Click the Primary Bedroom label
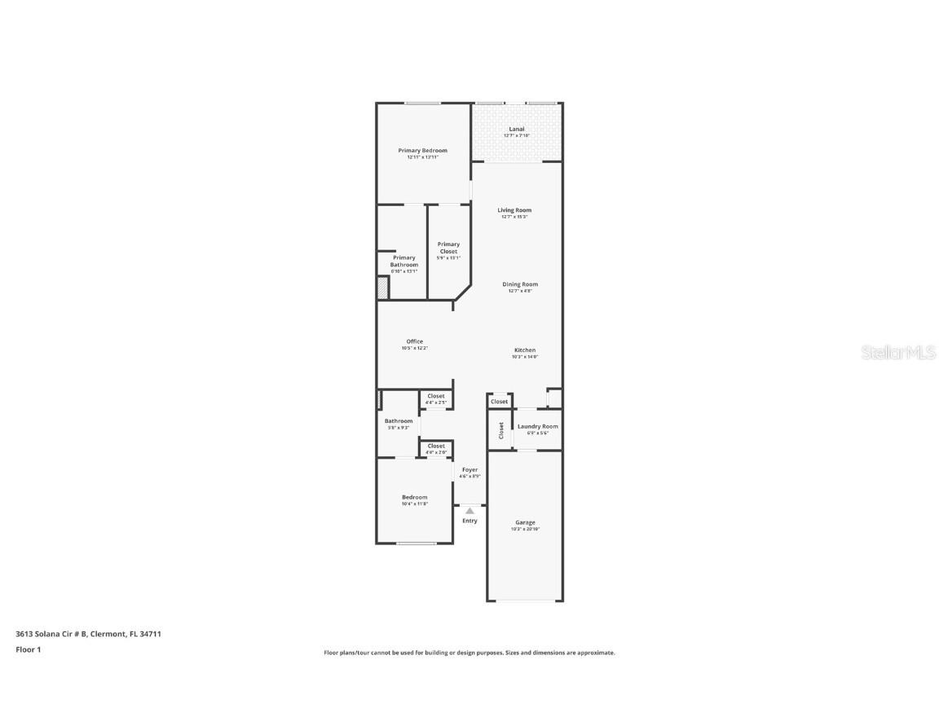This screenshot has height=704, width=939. (x=422, y=151)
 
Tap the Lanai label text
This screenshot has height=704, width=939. (x=517, y=129)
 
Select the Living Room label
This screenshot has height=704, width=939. (x=514, y=210)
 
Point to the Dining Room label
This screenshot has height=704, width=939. (x=520, y=284)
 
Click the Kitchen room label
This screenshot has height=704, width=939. (x=525, y=350)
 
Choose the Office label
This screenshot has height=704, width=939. (x=415, y=341)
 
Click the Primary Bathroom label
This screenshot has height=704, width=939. (x=404, y=261)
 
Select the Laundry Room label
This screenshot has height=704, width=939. (x=538, y=426)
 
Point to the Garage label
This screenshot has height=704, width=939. (x=525, y=522)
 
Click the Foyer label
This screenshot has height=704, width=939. (x=470, y=469)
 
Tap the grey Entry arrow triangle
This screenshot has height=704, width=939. (x=469, y=511)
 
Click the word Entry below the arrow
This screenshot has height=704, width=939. (x=470, y=521)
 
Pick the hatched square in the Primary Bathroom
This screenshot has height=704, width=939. (x=382, y=288)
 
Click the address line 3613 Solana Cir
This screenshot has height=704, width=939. (x=88, y=633)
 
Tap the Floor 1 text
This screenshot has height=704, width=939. (x=28, y=649)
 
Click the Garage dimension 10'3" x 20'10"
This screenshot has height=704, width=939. (x=525, y=529)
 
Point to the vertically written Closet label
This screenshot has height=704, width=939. (x=500, y=430)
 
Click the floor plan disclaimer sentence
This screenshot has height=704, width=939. (x=469, y=653)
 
